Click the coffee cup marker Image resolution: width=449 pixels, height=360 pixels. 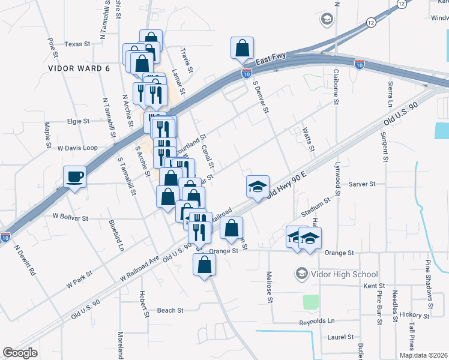75,176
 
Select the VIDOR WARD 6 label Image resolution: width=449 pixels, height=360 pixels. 79,68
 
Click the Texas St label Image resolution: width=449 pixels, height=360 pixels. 77,44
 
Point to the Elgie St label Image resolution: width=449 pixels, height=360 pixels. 78,121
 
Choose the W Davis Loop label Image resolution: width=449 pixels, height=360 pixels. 77,147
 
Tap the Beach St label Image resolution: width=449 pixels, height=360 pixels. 170,310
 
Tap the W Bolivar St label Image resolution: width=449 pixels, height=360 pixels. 71,217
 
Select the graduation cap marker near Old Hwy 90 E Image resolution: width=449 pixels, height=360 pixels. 258,187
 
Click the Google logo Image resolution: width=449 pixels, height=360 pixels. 20,353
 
